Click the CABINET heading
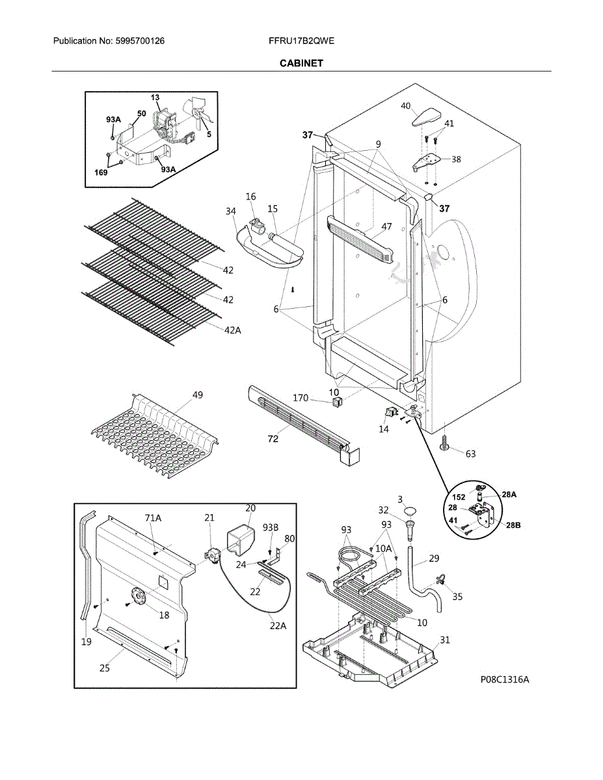pyautogui.click(x=301, y=63)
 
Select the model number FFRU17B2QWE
pyautogui.click(x=301, y=41)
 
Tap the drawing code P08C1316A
pyautogui.click(x=505, y=679)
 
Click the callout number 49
pyautogui.click(x=198, y=395)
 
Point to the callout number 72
pyautogui.click(x=273, y=439)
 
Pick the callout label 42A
pyautogui.click(x=232, y=330)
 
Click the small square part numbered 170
pyautogui.click(x=336, y=401)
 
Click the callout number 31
pyautogui.click(x=445, y=640)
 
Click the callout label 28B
pyautogui.click(x=513, y=525)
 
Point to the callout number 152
pyautogui.click(x=459, y=497)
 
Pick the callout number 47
pyautogui.click(x=386, y=226)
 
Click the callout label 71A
pyautogui.click(x=154, y=517)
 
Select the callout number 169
pyautogui.click(x=101, y=173)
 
